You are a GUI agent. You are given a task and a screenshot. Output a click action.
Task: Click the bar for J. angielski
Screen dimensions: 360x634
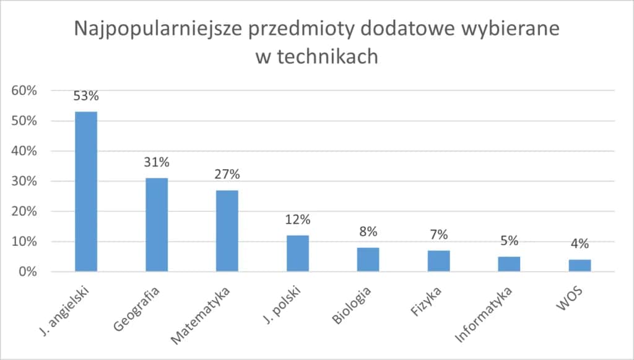[86, 191]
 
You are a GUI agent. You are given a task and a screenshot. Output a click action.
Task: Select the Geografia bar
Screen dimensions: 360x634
[157, 224]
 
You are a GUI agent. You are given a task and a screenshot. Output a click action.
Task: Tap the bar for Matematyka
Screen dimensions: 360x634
[227, 230]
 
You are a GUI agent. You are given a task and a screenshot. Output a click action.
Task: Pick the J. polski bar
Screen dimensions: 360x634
[298, 253]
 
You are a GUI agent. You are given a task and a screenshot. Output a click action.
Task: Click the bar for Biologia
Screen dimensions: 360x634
[368, 260]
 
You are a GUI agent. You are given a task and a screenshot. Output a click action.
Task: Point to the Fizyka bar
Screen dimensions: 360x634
[438, 261]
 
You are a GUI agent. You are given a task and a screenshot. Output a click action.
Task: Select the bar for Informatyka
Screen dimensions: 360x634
[509, 264]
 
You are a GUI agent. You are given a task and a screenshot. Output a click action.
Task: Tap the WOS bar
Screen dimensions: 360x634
[580, 265]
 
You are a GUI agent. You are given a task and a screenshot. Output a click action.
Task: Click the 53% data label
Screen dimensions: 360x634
[86, 96]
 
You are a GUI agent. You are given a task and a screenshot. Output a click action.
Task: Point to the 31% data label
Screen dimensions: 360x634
[157, 162]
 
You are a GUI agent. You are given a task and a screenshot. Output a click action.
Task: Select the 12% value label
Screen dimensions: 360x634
[298, 219]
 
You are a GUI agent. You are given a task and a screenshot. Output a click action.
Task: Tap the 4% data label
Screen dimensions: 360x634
[580, 244]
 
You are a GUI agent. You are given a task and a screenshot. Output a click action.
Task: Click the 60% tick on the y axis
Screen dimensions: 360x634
[24, 90]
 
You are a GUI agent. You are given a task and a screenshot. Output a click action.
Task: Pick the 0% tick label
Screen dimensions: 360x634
[27, 271]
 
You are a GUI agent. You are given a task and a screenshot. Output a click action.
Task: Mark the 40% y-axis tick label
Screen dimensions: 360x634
[24, 151]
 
